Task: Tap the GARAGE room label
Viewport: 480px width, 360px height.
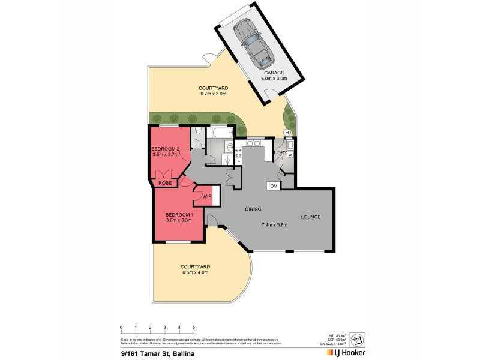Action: tap(274, 73)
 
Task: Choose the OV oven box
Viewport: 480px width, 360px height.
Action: tap(274, 186)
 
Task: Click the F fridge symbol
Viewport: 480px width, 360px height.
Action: tap(238, 161)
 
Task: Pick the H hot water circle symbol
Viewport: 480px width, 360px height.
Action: tap(287, 133)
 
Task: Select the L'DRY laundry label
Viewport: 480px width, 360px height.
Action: tap(280, 153)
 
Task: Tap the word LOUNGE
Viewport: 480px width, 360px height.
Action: tap(311, 217)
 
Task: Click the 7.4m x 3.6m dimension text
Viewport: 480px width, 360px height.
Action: tap(275, 225)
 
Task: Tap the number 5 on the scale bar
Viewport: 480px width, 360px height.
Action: tap(194, 328)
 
